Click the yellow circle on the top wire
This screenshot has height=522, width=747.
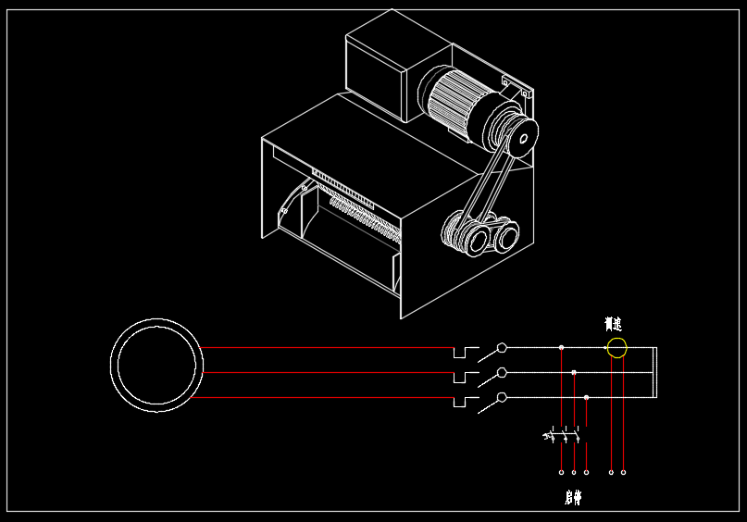pyautogui.click(x=616, y=348)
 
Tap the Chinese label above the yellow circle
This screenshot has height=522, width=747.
pyautogui.click(x=613, y=324)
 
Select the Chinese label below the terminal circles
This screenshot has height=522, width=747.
pyautogui.click(x=573, y=498)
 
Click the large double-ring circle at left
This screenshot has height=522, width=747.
pyautogui.click(x=156, y=365)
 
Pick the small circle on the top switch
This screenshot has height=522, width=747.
pyautogui.click(x=502, y=348)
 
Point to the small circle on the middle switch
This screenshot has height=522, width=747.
pyautogui.click(x=502, y=372)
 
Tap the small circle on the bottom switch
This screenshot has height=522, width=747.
pyautogui.click(x=502, y=397)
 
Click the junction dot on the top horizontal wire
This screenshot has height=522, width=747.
pyautogui.click(x=561, y=348)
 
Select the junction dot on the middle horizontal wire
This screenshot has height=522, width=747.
pyautogui.click(x=574, y=372)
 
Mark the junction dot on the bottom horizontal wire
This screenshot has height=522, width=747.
pyautogui.click(x=586, y=397)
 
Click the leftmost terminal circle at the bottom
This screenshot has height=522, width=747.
pyautogui.click(x=561, y=472)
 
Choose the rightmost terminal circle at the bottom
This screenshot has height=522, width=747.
pyautogui.click(x=623, y=472)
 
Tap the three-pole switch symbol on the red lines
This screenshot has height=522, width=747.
pyautogui.click(x=563, y=433)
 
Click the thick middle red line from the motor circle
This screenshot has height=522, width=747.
pyautogui.click(x=324, y=372)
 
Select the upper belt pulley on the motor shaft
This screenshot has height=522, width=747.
pyautogui.click(x=518, y=138)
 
